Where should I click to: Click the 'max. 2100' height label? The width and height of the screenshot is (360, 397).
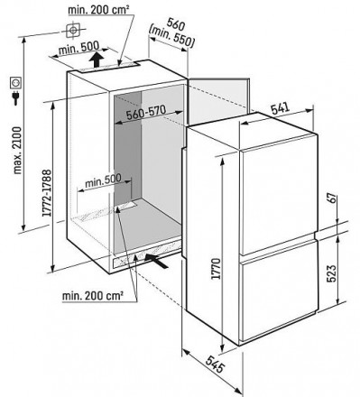pos(17,151)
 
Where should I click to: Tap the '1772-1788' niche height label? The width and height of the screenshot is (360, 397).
pos(46,193)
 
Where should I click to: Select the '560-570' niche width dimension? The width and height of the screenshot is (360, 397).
pos(146,113)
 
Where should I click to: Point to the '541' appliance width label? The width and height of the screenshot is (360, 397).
pos(281,108)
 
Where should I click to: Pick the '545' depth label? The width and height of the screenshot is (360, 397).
pos(216,364)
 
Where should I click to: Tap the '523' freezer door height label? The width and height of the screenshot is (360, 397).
pos(331,273)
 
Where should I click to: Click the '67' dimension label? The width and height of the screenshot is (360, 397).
pos(331,199)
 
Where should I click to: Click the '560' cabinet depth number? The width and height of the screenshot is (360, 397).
pos(176,24)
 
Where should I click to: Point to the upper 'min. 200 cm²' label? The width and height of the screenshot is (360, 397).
pos(98,10)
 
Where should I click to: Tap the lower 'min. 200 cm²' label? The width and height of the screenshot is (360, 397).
pos(93,296)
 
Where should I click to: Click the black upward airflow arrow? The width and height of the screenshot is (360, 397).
pos(97,60)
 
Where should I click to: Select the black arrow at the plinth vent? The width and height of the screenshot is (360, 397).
pos(156,261)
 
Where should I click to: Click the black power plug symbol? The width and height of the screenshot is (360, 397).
pos(15,98)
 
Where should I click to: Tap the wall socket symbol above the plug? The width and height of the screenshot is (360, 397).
pos(15,82)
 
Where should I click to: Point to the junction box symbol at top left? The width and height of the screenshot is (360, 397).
pos(73,31)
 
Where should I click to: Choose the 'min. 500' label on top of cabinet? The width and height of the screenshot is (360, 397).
pos(78,48)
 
